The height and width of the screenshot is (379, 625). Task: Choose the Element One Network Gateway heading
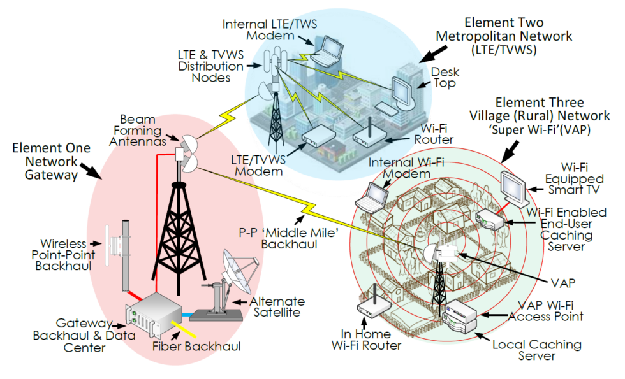pos(51,159)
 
